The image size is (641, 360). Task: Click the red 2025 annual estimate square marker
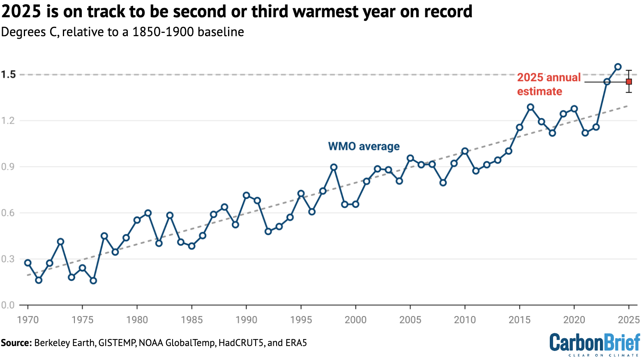[629, 82]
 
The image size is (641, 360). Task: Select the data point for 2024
[618, 67]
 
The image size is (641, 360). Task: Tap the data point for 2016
[530, 107]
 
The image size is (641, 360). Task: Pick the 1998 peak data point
[334, 167]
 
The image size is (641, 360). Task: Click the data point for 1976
[93, 281]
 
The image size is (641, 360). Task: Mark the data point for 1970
[28, 263]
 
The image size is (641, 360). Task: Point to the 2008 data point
[443, 183]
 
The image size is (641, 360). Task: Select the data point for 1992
[268, 231]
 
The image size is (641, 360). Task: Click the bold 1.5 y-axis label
[8, 74]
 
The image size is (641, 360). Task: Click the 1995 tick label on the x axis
[301, 320]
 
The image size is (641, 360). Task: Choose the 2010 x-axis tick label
[465, 320]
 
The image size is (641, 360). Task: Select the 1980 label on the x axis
[137, 320]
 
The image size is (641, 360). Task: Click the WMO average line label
[364, 146]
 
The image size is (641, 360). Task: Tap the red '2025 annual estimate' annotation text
[548, 84]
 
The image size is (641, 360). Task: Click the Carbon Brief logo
[595, 344]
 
